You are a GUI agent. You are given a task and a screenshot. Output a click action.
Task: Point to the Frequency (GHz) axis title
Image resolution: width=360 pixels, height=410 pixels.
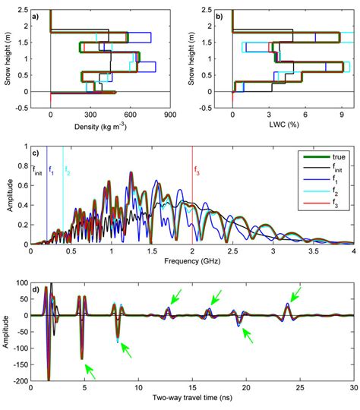pyautogui.click(x=192, y=258)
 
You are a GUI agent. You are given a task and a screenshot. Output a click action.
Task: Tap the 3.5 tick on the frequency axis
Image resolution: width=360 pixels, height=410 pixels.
pyautogui.click(x=314, y=249)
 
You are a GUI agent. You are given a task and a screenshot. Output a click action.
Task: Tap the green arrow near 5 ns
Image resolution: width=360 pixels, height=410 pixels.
pyautogui.click(x=90, y=371)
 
